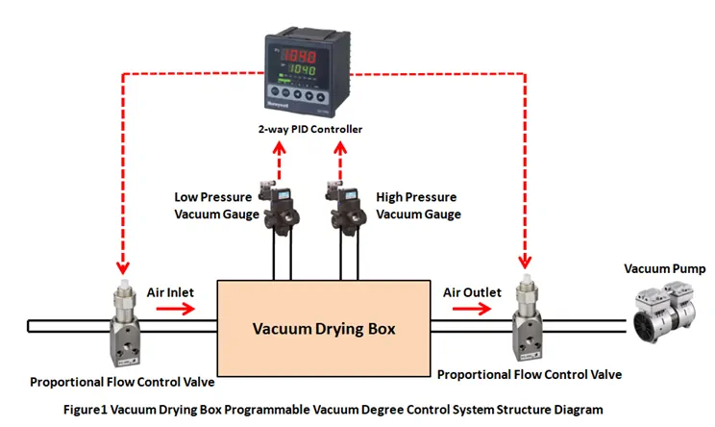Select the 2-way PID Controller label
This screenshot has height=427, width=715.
[x=309, y=129]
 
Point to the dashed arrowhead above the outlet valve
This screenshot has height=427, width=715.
[x=525, y=261]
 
